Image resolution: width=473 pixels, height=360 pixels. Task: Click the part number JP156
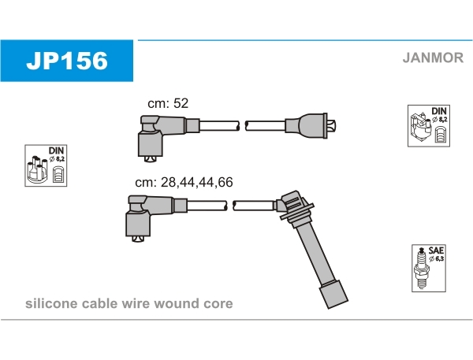click(67, 61)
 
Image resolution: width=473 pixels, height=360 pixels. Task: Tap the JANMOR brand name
click(430, 58)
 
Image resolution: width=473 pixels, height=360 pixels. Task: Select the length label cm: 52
click(168, 103)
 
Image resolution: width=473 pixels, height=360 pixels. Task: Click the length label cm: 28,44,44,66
click(184, 182)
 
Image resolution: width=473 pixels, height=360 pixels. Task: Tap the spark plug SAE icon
click(426, 268)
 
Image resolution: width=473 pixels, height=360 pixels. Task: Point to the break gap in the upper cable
click(242, 125)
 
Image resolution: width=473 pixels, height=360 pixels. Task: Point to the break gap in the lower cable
click(231, 206)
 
